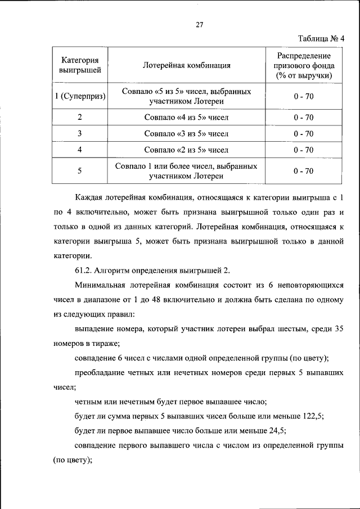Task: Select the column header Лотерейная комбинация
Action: [x=187, y=65]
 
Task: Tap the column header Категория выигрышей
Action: [x=80, y=65]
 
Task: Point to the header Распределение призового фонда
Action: [x=304, y=65]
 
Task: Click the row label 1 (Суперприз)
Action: [x=80, y=96]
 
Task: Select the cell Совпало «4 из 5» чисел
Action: [x=187, y=118]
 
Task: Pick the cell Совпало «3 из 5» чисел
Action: [x=187, y=134]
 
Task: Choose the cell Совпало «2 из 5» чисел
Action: [x=187, y=150]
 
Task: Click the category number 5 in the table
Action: [x=80, y=171]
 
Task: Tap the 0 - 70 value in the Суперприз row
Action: [x=304, y=96]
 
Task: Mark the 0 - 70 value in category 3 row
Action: [x=304, y=134]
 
